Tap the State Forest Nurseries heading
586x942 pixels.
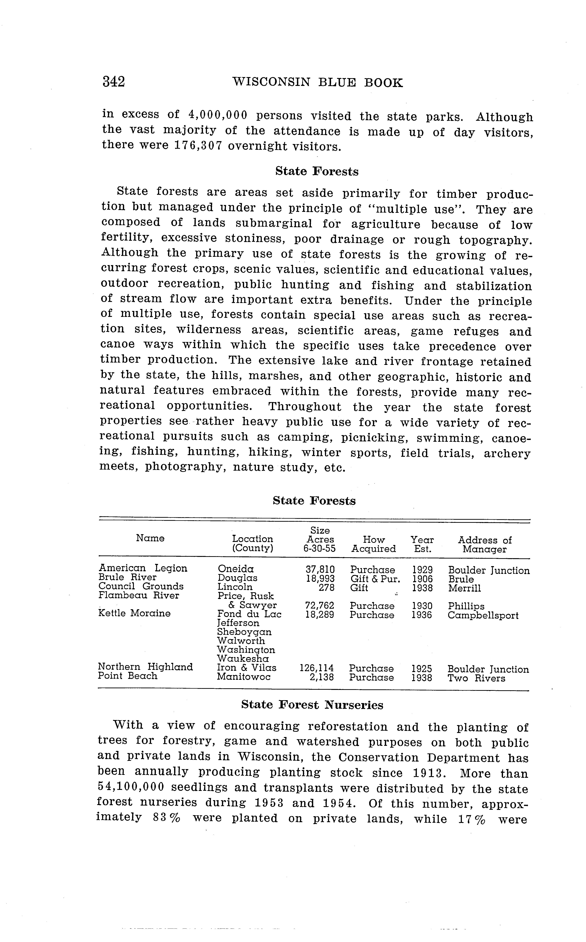312,705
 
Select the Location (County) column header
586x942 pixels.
252,544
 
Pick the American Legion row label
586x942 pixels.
143,568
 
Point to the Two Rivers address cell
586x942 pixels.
476,678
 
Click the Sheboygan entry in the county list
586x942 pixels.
244,632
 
